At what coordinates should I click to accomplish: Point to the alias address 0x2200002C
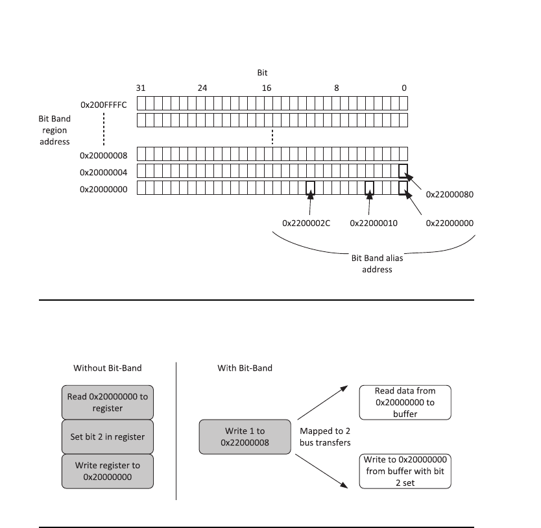coord(306,223)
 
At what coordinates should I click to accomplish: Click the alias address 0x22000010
coord(374,223)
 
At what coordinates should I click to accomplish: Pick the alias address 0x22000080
coord(450,194)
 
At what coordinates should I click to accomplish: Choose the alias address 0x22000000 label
coord(450,223)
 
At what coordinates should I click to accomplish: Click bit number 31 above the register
coord(141,88)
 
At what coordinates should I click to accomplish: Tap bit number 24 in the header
coord(202,88)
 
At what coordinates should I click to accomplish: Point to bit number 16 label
coord(267,88)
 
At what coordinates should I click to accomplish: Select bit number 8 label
coord(336,88)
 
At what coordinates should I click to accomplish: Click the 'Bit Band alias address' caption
coord(377,264)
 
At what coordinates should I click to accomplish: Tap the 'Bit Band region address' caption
coord(54,130)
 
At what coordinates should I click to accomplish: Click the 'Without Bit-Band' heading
coord(108,368)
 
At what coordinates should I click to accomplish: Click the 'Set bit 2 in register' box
coord(108,436)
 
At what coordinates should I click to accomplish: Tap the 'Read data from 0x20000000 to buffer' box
coord(405,402)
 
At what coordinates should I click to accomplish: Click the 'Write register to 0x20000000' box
coord(108,471)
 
